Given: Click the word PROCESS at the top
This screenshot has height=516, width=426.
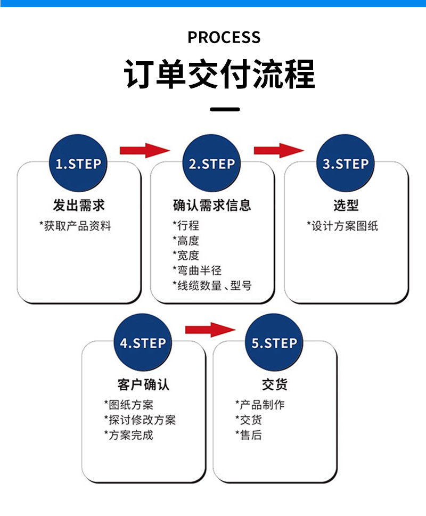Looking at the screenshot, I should (x=224, y=37).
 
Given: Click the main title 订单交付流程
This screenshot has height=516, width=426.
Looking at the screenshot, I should (x=219, y=75).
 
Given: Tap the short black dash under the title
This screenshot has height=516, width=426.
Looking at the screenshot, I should (x=225, y=109).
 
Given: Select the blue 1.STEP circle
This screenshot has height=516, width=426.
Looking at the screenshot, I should (x=78, y=163).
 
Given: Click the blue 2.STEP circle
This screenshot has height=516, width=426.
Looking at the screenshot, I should (x=212, y=163).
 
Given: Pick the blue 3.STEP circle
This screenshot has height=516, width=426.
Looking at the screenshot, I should (x=346, y=163).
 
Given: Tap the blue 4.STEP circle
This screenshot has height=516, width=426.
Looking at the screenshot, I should (x=143, y=343).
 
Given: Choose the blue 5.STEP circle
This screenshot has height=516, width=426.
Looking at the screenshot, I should (x=274, y=343).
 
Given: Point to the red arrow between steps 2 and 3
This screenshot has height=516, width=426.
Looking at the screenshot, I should (x=278, y=150).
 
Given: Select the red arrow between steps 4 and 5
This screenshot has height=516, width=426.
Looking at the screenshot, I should (x=209, y=330).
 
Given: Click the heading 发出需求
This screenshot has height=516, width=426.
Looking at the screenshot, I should (x=79, y=204).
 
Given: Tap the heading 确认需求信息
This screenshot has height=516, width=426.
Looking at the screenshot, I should (x=212, y=204).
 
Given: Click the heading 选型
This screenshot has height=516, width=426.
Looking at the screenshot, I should (x=346, y=204).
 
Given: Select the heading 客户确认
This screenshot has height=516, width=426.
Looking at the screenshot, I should (x=143, y=384).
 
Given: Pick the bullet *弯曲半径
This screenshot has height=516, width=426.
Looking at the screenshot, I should (x=197, y=271).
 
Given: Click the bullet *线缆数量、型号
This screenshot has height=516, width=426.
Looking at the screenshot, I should (x=212, y=285).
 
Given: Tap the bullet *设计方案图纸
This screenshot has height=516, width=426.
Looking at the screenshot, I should (x=342, y=226).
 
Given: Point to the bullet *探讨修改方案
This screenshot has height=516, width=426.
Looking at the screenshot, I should (x=140, y=420).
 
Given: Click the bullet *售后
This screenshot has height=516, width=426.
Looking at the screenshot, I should (x=249, y=435).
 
